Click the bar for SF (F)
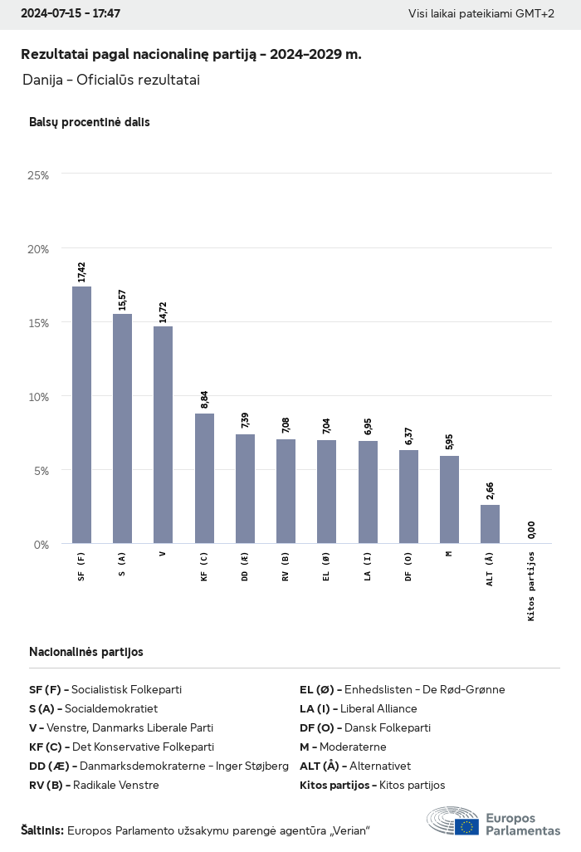(x=81, y=415)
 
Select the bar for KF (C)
(x=204, y=478)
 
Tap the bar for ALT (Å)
(x=490, y=524)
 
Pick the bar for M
(x=449, y=500)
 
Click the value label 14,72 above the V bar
(x=163, y=311)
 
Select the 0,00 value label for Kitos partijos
(x=531, y=529)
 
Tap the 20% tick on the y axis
(x=38, y=249)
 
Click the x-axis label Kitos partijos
(x=531, y=585)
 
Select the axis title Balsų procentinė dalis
(x=89, y=122)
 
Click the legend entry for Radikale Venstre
(x=94, y=785)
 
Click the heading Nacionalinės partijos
(x=85, y=652)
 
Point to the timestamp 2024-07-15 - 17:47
(x=71, y=14)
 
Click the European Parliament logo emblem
(x=452, y=822)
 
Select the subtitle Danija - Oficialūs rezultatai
(x=111, y=81)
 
